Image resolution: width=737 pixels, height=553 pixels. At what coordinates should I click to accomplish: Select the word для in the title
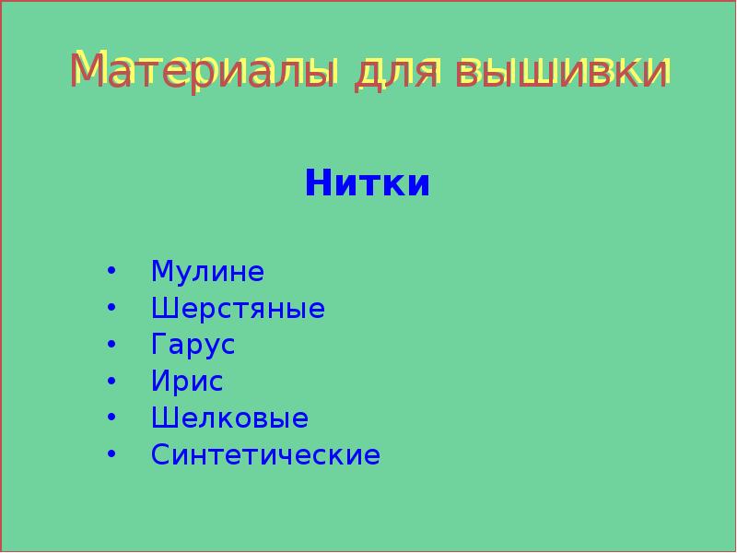pyautogui.click(x=397, y=71)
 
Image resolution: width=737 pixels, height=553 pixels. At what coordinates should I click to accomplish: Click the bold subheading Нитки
pyautogui.click(x=368, y=182)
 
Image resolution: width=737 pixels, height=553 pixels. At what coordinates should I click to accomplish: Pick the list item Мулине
pyautogui.click(x=207, y=272)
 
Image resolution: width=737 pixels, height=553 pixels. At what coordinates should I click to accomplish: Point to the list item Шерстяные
pyautogui.click(x=238, y=309)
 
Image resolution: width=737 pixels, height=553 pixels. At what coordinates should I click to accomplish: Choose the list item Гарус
pyautogui.click(x=193, y=346)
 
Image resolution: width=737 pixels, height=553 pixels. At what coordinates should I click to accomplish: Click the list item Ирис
pyautogui.click(x=187, y=382)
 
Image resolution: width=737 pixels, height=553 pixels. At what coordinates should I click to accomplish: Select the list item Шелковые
pyautogui.click(x=229, y=418)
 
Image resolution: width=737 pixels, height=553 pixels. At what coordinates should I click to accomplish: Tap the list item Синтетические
pyautogui.click(x=265, y=455)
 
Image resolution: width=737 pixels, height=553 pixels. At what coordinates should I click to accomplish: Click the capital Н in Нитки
pyautogui.click(x=318, y=182)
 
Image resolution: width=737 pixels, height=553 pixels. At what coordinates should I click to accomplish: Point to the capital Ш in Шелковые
pyautogui.click(x=163, y=418)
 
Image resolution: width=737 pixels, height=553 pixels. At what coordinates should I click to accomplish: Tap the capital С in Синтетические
pyautogui.click(x=161, y=455)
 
